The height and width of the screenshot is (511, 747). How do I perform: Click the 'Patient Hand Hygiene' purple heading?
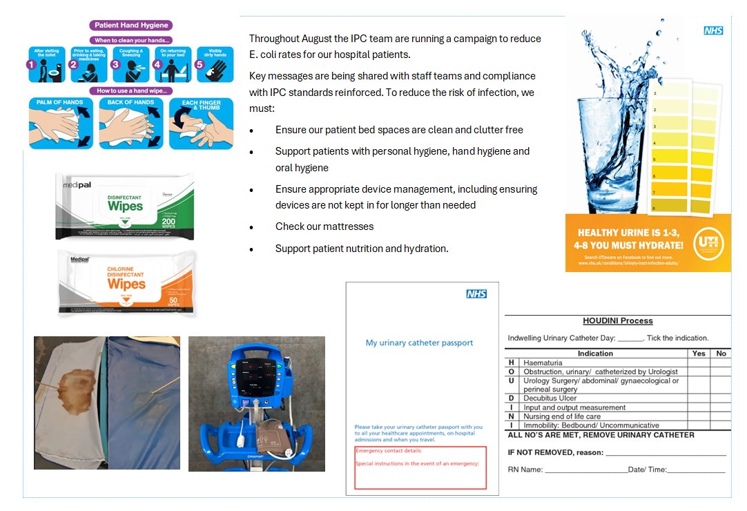(130, 26)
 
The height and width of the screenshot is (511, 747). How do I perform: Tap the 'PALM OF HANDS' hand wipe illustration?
(61, 124)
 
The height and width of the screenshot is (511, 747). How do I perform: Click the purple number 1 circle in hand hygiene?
(30, 65)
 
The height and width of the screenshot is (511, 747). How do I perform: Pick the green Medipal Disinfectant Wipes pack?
(125, 206)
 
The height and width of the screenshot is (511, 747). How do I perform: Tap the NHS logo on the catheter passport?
(476, 294)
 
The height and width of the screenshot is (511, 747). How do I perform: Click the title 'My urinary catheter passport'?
(419, 343)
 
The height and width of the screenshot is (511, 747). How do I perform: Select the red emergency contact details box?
(420, 467)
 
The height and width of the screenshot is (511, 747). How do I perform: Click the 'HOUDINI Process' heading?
(617, 321)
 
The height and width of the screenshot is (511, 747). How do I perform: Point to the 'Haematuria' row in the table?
(543, 363)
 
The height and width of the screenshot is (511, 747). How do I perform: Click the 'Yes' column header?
(699, 354)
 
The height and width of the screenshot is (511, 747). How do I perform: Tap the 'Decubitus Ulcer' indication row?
(550, 398)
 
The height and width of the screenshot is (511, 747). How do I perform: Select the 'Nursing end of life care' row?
(561, 416)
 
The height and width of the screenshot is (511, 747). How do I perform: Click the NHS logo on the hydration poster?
(713, 31)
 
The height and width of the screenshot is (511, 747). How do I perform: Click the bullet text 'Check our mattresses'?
(324, 226)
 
